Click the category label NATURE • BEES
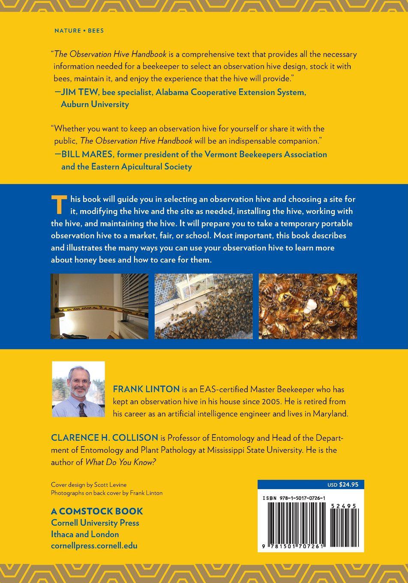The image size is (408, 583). pos(79,31)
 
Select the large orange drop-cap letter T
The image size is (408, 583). pos(59,204)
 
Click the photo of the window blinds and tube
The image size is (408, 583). pos(99,306)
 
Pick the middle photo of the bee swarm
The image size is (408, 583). pos(204,306)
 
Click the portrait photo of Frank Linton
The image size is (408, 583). pos(78,389)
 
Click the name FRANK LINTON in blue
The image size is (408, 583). pos(146,389)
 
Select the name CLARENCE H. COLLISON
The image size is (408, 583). pos(105,438)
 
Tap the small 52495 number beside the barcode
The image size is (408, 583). pos(344,506)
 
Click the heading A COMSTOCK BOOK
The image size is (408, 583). pos(97,511)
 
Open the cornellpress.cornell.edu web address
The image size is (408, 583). pos(94,546)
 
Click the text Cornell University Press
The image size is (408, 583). pos(95,523)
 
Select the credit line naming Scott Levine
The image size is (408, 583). pos(89,485)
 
